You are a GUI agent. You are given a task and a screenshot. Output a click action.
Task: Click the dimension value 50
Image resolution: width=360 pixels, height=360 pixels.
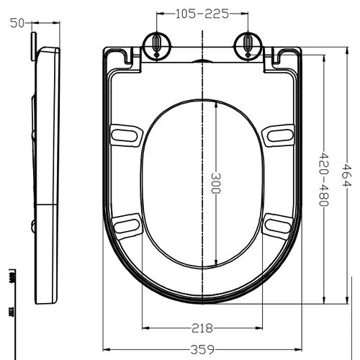click(x=15, y=22)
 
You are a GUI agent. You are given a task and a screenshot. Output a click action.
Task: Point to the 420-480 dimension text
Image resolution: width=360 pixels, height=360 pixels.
click(x=323, y=181)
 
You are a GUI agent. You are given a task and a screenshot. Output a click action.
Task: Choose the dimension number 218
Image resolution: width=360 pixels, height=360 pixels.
click(x=202, y=328)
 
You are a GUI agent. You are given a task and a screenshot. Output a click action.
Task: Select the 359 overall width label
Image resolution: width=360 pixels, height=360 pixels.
click(x=202, y=351)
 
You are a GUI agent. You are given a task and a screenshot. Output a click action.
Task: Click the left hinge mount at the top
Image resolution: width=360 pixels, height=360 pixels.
click(x=156, y=45)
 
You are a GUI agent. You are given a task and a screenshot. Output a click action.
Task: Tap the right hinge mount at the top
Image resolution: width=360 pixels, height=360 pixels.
click(x=248, y=45)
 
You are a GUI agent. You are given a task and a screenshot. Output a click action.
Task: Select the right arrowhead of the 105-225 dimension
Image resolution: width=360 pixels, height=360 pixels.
click(x=245, y=14)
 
